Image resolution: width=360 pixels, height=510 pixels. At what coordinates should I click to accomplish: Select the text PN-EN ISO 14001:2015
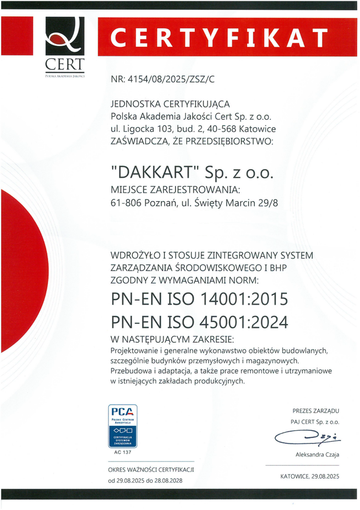pyautogui.click(x=199, y=299)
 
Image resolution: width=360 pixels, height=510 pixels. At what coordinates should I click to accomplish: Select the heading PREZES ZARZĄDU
pyautogui.click(x=315, y=411)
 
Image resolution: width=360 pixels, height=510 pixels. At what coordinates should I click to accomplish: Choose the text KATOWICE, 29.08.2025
pyautogui.click(x=310, y=476)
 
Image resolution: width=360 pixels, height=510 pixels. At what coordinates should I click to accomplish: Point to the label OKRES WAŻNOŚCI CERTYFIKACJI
pyautogui.click(x=151, y=470)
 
